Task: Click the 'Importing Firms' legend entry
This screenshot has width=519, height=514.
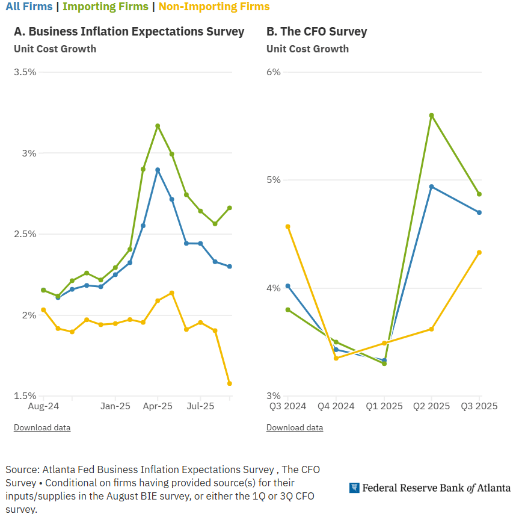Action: click(x=105, y=7)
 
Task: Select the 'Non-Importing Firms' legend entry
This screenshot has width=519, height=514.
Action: click(x=214, y=7)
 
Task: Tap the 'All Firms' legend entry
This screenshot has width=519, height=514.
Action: click(x=29, y=7)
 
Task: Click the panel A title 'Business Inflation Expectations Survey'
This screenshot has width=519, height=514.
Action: click(x=129, y=32)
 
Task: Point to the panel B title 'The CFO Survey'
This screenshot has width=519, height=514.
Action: click(x=316, y=32)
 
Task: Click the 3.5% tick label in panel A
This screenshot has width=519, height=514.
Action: click(x=25, y=72)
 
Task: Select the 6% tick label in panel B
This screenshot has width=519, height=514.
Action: click(x=274, y=72)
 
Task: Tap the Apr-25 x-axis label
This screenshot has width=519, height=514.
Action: click(x=158, y=406)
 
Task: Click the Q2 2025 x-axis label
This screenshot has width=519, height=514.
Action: click(x=431, y=406)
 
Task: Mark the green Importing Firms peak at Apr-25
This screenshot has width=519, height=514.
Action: click(x=158, y=126)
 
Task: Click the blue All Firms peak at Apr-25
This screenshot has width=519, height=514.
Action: click(x=158, y=170)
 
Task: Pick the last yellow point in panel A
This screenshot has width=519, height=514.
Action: click(x=229, y=383)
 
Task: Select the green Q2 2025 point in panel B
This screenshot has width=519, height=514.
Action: click(x=431, y=115)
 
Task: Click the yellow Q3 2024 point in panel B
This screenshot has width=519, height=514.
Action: click(x=287, y=226)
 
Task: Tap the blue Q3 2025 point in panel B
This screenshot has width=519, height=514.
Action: click(x=479, y=212)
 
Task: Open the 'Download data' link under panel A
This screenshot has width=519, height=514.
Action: click(x=42, y=428)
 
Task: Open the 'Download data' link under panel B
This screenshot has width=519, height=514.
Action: click(x=295, y=428)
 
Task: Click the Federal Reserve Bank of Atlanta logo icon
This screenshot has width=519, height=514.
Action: click(x=354, y=488)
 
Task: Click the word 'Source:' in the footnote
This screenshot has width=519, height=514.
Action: click(x=22, y=469)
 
